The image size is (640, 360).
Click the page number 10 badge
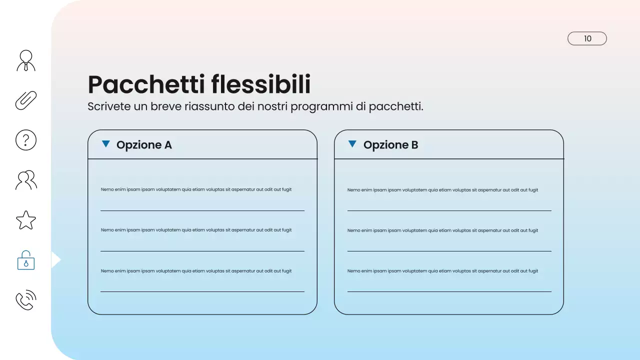click(x=587, y=38)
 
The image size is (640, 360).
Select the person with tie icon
click(x=26, y=60)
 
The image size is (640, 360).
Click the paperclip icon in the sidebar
click(x=26, y=100)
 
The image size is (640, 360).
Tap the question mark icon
click(x=26, y=140)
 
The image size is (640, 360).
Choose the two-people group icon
click(x=26, y=180)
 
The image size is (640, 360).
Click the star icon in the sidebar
click(x=26, y=220)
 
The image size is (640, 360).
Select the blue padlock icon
click(x=26, y=260)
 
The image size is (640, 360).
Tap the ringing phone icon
click(x=26, y=300)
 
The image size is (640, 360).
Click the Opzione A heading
click(x=144, y=145)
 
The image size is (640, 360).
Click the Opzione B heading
click(x=390, y=145)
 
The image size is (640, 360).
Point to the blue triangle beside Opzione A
click(x=105, y=144)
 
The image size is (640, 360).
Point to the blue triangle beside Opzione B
click(x=352, y=144)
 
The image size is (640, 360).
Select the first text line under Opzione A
click(x=196, y=189)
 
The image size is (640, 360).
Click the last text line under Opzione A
click(x=196, y=271)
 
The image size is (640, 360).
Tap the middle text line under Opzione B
click(x=442, y=230)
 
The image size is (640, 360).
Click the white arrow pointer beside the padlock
click(x=55, y=260)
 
